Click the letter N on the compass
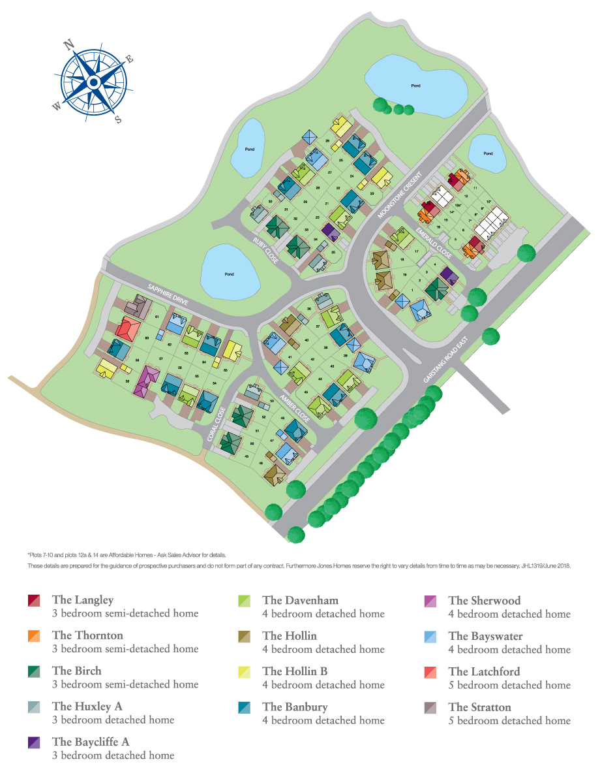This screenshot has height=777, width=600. click(x=68, y=45)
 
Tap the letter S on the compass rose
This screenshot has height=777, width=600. click(x=118, y=119)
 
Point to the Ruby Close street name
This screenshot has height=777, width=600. click(x=265, y=250)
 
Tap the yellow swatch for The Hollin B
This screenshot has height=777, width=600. click(x=245, y=671)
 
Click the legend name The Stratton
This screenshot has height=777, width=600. click(x=479, y=706)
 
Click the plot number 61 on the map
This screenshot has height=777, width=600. click(x=157, y=317)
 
